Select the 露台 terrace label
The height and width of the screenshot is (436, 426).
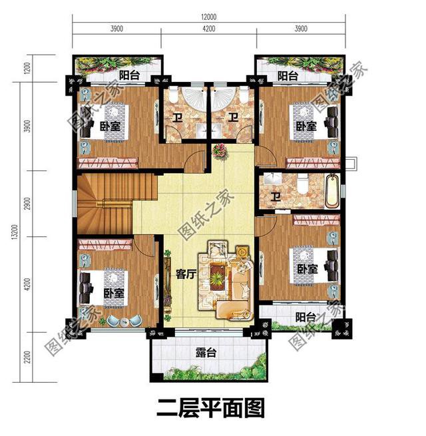(207, 353)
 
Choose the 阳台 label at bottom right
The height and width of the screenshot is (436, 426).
(306, 316)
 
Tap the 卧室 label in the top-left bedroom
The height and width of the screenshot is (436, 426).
(110, 126)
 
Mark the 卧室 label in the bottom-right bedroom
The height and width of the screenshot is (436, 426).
(307, 269)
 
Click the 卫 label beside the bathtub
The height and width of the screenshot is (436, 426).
(275, 198)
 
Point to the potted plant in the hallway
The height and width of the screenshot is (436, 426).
(218, 152)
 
